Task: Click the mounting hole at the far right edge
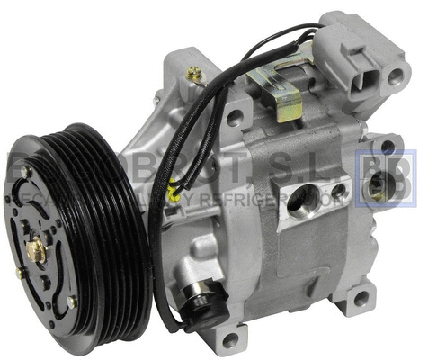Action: coord(387,145)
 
